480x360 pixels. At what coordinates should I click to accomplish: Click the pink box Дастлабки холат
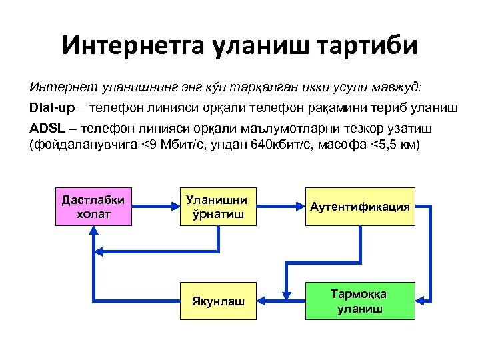click(93, 207)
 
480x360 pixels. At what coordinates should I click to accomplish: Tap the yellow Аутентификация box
click(359, 207)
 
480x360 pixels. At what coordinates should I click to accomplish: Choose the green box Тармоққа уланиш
click(359, 301)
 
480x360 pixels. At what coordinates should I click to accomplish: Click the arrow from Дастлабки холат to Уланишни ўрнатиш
click(157, 207)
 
